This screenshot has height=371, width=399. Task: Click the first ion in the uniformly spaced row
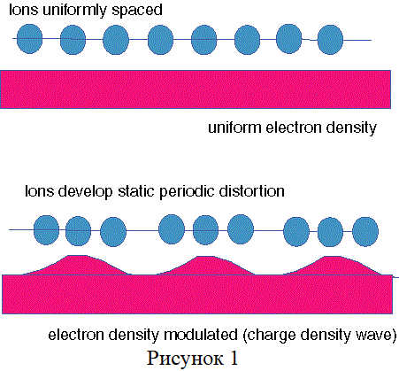[x=29, y=39]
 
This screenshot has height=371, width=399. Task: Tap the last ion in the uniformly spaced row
[x=330, y=40]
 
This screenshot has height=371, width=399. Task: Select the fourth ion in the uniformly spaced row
[x=160, y=40]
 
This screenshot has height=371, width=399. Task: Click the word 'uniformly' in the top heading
[x=74, y=11]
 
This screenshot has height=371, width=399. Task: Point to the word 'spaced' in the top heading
[x=137, y=11]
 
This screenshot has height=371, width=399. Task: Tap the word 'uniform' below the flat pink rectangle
[x=234, y=128]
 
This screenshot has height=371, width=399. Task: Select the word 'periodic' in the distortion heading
[x=187, y=192]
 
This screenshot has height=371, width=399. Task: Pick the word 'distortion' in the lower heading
[x=251, y=191]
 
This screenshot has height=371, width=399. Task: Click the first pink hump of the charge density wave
[x=77, y=266]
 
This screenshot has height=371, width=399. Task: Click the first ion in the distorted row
[x=47, y=230]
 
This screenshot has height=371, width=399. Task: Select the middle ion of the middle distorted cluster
[x=205, y=230]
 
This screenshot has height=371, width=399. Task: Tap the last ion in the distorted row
[x=365, y=231]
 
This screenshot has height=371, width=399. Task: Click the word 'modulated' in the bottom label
[x=201, y=335]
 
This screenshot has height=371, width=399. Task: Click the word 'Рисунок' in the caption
[x=185, y=359]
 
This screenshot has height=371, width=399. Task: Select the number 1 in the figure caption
[x=234, y=358]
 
